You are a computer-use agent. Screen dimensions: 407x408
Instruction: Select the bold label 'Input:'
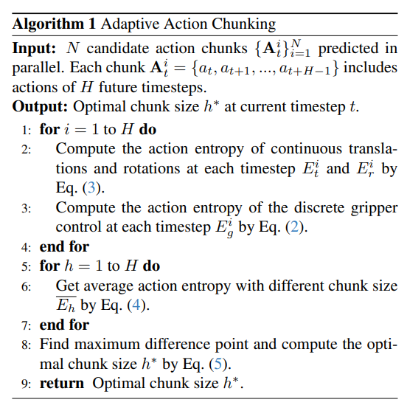coord(34,49)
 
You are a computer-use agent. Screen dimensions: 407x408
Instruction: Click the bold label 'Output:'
coord(40,107)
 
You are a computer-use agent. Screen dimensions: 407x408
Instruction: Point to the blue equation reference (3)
coord(91,187)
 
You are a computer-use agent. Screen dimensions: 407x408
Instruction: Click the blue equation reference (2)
coord(295,227)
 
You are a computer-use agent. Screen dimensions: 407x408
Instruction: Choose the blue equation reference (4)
coord(136,305)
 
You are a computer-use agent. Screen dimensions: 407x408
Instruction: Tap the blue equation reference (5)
coord(218,364)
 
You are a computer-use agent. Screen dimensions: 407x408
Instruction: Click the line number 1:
coord(27,130)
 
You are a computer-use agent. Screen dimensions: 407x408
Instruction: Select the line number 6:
coord(27,286)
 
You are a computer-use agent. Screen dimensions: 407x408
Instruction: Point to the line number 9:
coord(27,384)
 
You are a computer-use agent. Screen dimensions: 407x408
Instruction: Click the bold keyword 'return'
coord(62,384)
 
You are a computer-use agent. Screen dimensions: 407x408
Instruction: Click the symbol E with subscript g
coord(224,228)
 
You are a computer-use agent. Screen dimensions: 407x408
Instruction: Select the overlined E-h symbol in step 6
coord(66,304)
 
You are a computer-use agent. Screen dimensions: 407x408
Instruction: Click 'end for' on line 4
coord(64,246)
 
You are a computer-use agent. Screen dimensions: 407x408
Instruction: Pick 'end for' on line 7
coord(64,325)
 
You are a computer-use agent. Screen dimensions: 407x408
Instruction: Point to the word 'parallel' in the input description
coord(38,68)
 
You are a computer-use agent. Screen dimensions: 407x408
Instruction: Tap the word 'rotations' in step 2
coord(152,169)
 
